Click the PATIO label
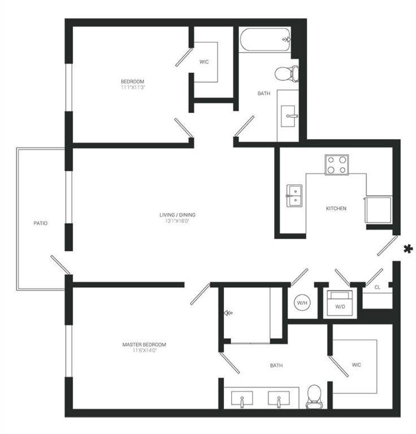[x=40, y=223]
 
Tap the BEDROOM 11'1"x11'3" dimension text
[x=132, y=88]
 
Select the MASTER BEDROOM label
[x=144, y=345]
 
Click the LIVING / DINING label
[x=177, y=215]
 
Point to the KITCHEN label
[x=336, y=209]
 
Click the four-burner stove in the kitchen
[x=336, y=164]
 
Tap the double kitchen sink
[x=294, y=196]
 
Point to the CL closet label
[x=377, y=287]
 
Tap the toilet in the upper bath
[x=287, y=72]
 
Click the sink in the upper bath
[x=289, y=116]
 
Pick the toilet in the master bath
[x=313, y=398]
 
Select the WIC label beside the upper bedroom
[x=204, y=62]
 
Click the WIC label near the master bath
[x=356, y=365]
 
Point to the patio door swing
[x=60, y=265]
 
